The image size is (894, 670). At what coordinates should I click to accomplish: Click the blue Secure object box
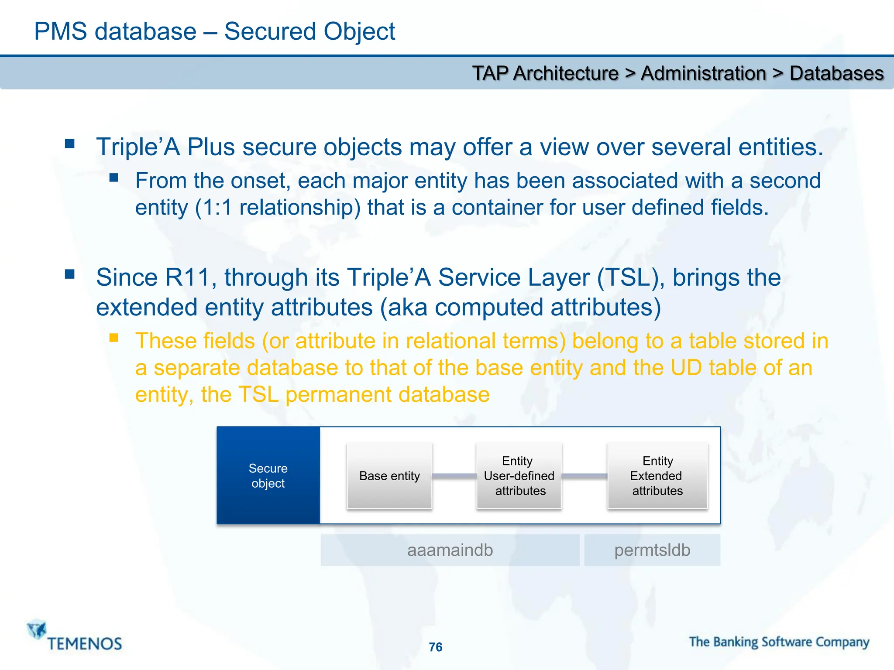(268, 475)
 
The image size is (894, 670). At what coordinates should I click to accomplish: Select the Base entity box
(389, 475)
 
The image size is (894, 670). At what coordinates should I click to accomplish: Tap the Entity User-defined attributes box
(519, 475)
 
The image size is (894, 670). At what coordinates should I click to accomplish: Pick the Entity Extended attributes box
(657, 475)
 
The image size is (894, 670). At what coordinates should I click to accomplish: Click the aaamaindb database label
(450, 550)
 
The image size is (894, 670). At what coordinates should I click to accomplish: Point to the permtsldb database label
(652, 550)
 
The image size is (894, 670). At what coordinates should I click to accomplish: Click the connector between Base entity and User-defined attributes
(454, 475)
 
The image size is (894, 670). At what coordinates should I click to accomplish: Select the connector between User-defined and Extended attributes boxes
(584, 475)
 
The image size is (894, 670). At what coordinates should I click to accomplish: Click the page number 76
(436, 647)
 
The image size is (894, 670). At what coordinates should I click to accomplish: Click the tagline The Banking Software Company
(779, 642)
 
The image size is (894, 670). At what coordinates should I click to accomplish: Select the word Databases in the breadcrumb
(836, 73)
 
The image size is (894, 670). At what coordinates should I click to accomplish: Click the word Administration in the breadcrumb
(703, 73)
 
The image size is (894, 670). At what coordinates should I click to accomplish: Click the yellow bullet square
(114, 338)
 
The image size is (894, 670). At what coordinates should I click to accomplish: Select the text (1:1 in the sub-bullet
(213, 208)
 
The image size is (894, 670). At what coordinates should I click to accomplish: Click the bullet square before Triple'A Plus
(70, 144)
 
